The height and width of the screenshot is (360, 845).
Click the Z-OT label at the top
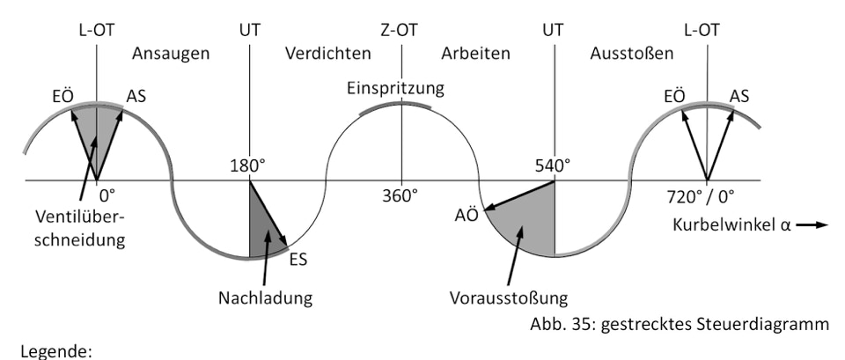pos(399,30)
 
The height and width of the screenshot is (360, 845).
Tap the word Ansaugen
pos(171,54)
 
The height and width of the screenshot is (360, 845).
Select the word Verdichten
pos(328,54)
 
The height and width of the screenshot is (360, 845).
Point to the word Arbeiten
pos(476,54)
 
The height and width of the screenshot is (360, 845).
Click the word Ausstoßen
pos(632,54)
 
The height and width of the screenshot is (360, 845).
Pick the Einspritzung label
pos(395,88)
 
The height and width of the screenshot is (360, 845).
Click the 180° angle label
pos(248,166)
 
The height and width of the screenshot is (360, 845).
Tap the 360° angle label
pos(400,195)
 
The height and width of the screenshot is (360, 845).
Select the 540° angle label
pos(553,166)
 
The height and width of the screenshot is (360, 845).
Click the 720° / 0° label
pos(701,196)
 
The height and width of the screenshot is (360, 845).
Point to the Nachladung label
pos(265,298)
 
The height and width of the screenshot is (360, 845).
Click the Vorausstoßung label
pos(510,298)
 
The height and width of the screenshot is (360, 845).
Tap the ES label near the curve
pos(298,260)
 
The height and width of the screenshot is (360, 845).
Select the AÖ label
pos(467,215)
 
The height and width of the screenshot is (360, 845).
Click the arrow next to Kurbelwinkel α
pos(812,224)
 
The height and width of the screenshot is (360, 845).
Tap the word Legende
pos(56,352)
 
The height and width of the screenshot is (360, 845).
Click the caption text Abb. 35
pos(561,324)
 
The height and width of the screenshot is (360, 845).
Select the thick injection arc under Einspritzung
pos(395,106)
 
